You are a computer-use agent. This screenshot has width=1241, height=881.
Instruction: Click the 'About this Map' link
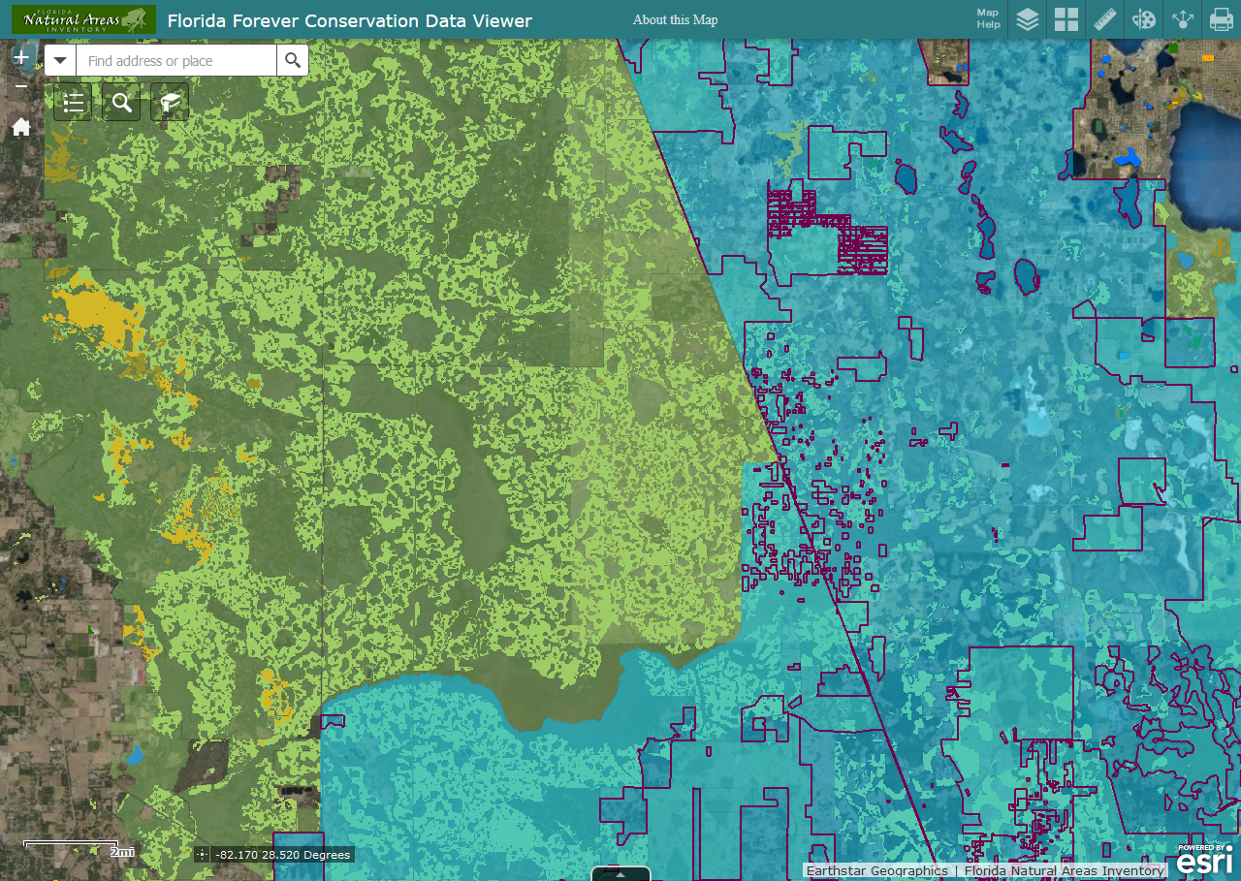[x=675, y=19]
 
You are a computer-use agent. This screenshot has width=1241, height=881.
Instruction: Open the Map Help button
[x=988, y=19]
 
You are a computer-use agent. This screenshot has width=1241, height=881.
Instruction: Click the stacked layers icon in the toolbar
[x=1028, y=19]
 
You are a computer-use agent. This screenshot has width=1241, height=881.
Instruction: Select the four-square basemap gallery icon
[x=1066, y=19]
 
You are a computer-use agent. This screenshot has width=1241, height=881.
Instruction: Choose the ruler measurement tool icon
[x=1105, y=19]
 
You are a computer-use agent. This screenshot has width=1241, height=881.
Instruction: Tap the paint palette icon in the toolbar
[x=1144, y=19]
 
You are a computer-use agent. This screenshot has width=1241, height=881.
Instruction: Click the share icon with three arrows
[x=1182, y=19]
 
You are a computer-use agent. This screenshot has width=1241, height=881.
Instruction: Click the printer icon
[x=1221, y=19]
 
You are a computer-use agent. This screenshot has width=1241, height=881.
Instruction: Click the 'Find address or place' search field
[x=177, y=61]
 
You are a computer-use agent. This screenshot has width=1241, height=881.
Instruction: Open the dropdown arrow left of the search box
[x=61, y=61]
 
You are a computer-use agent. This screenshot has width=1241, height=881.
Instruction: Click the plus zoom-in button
[x=20, y=57]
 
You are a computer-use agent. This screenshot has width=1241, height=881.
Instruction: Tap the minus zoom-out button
[x=20, y=87]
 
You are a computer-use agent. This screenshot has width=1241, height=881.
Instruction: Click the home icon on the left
[x=20, y=127]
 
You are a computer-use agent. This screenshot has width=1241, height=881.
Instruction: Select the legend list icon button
[x=73, y=103]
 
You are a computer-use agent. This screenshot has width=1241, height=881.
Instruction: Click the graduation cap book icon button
[x=170, y=103]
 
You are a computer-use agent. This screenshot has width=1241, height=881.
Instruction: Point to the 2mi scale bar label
[x=121, y=851]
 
